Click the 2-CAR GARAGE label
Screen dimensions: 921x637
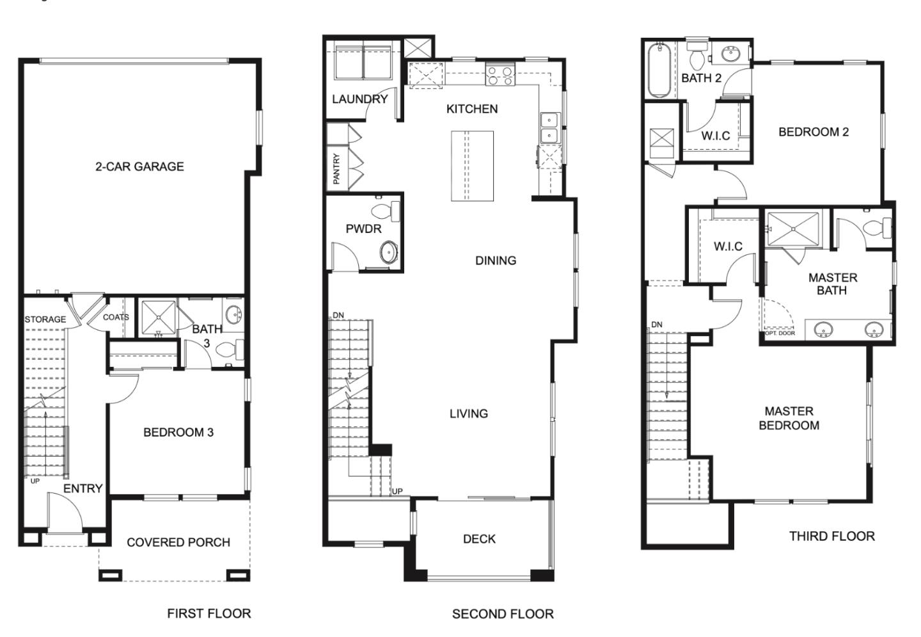tap(139, 166)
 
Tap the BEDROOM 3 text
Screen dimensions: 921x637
tap(178, 433)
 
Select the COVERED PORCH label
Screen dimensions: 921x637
tap(178, 542)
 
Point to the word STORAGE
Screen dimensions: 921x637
tap(45, 319)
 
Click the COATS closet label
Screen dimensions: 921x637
tap(116, 318)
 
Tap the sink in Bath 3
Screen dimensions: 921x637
tap(233, 315)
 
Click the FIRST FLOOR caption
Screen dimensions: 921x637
tap(209, 613)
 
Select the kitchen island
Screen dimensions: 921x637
tap(473, 166)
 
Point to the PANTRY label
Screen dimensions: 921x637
tap(336, 169)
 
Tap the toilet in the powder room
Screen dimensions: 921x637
tap(385, 212)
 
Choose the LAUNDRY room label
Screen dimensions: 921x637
tap(359, 99)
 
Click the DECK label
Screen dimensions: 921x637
tap(479, 539)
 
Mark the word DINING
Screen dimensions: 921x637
tap(496, 261)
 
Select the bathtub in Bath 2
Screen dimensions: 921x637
tap(660, 70)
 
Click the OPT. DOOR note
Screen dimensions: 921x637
tap(780, 333)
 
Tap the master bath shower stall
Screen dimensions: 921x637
tap(793, 229)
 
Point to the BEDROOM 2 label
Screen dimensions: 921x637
tap(814, 132)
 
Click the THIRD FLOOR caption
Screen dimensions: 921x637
tap(831, 536)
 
